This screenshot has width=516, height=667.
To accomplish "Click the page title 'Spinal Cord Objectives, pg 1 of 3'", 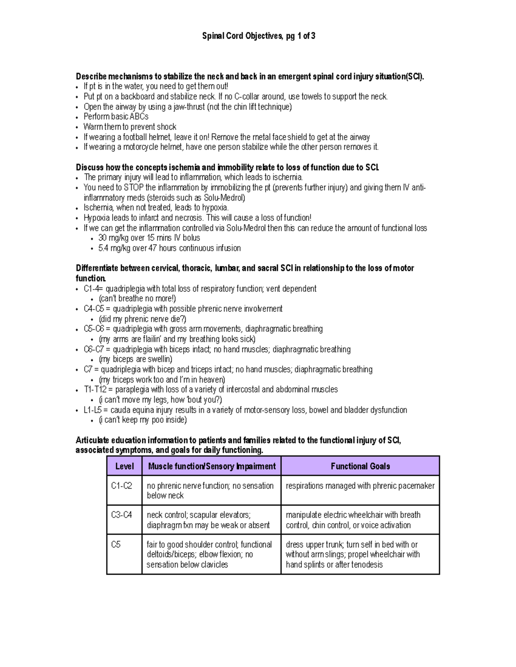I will click(258, 36).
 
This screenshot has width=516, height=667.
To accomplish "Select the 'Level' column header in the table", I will click(124, 466).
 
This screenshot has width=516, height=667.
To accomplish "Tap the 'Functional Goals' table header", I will click(360, 466).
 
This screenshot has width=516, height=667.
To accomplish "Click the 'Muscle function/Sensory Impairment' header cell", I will click(212, 466).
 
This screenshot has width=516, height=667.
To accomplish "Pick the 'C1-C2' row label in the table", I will click(121, 486).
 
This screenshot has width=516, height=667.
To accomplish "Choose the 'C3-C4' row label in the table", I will click(121, 515).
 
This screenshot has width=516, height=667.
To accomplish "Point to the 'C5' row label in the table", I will click(116, 545).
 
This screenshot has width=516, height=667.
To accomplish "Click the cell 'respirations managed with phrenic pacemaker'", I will click(360, 486).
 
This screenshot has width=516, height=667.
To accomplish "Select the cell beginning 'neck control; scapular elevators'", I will click(208, 520).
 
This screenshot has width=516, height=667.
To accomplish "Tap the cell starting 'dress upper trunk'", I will click(353, 554).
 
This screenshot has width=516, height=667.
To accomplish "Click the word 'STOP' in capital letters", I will click(134, 188).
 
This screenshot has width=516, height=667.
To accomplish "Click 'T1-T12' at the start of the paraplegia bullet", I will click(95, 390).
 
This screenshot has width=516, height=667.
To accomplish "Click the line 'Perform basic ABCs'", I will click(116, 117).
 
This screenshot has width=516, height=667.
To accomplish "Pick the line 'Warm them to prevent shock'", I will click(129, 127).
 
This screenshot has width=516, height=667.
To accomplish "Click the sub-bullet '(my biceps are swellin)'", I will click(135, 359).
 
